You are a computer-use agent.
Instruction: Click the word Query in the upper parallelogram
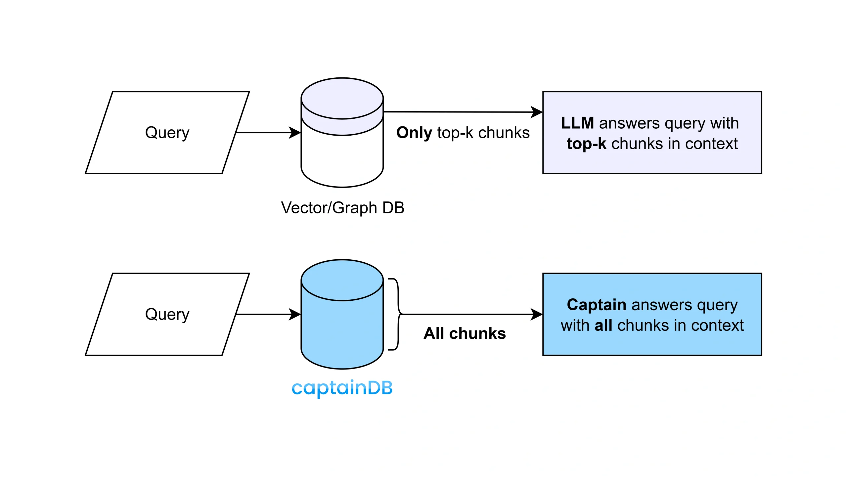167,133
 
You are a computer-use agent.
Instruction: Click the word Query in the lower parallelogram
167,315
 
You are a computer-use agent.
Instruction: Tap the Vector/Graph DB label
342,208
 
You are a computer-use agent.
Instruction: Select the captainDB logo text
342,388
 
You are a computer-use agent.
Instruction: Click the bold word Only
414,133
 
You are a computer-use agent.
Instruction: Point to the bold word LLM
577,123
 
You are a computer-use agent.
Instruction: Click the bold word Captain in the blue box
596,305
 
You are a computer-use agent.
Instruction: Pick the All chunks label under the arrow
465,333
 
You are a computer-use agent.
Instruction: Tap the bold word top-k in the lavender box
586,144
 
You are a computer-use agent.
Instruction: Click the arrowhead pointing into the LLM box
537,112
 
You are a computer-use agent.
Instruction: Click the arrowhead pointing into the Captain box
537,314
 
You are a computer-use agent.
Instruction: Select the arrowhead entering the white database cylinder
295,133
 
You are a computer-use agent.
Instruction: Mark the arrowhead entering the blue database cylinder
295,314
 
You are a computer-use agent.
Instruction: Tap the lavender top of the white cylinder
342,99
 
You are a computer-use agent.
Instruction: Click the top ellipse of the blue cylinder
342,280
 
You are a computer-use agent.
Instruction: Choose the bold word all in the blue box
603,325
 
